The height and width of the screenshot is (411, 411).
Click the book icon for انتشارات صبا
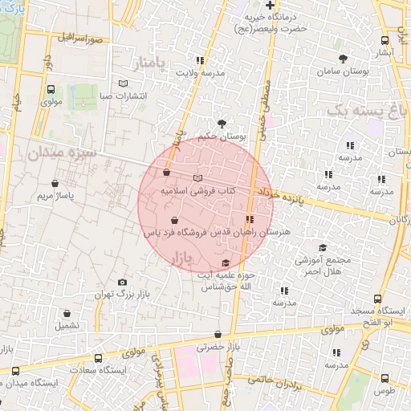(123, 83)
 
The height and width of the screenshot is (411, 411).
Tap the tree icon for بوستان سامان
(343, 59)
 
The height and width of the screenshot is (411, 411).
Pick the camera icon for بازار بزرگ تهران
(122, 282)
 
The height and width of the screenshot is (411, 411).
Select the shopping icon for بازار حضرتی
(218, 334)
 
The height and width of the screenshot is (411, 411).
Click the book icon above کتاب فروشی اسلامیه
(198, 178)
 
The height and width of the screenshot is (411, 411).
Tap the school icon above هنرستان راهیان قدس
(250, 218)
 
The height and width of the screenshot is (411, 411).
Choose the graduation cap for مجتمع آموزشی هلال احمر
(322, 248)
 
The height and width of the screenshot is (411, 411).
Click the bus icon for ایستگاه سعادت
(98, 358)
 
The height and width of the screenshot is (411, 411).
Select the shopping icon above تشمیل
(67, 314)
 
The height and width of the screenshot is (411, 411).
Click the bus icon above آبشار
(385, 40)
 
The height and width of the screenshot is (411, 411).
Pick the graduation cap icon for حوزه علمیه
(226, 263)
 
